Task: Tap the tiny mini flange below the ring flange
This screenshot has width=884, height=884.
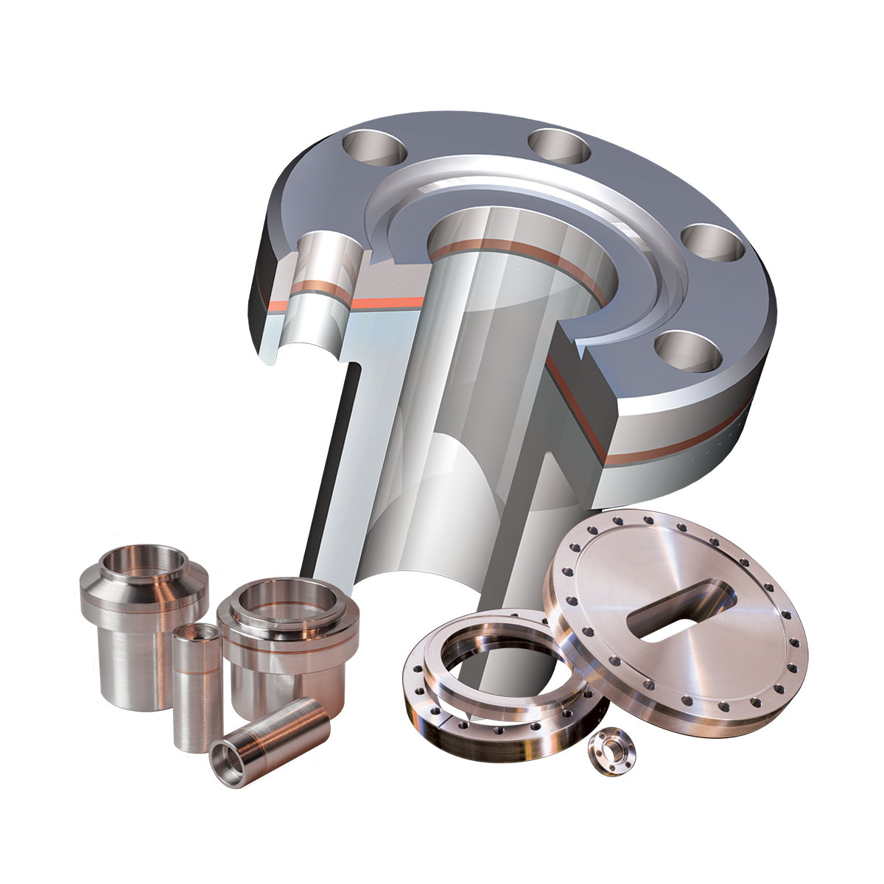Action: pyautogui.click(x=611, y=751)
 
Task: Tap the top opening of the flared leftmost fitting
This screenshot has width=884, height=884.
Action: pyautogui.click(x=143, y=562)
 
